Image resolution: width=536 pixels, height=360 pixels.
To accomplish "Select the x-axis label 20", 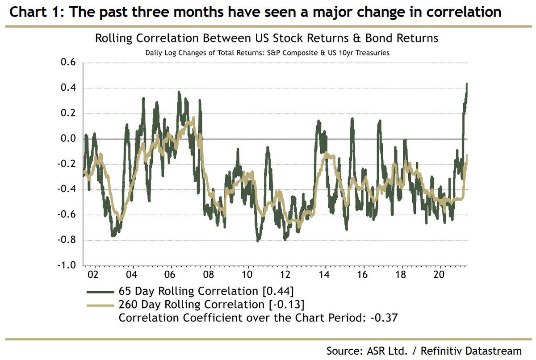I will point(440,273).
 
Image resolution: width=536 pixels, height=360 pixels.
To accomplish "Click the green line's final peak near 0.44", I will point(467,84).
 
